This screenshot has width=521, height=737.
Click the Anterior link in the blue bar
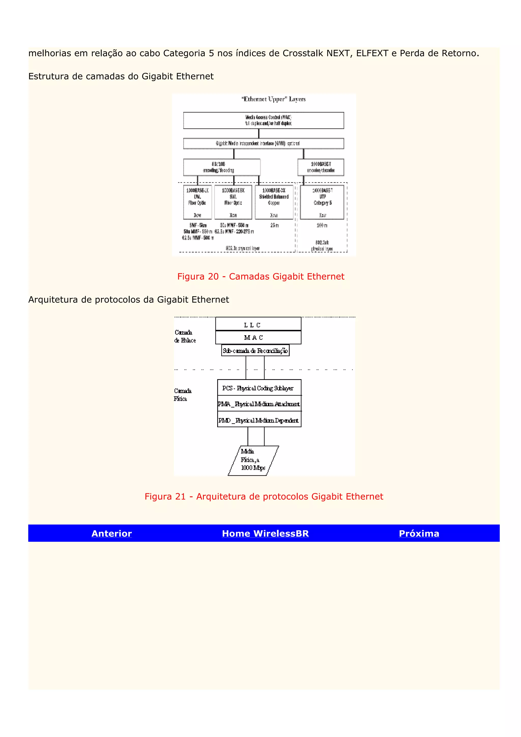coord(111,533)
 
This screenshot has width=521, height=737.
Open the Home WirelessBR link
coord(265,533)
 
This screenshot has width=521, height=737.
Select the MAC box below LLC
coord(258,337)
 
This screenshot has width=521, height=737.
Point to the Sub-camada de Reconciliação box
coord(255,350)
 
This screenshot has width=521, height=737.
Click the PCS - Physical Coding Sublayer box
coord(259,388)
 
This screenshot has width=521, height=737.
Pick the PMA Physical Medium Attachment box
coord(259,404)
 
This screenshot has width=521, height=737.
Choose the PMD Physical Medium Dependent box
coord(259,420)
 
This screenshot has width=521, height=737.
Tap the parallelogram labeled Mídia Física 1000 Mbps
coord(253,460)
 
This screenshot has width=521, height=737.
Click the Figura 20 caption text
coord(261,276)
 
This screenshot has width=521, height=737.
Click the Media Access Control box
coord(264,120)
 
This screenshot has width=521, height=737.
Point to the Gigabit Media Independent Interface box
coord(264,143)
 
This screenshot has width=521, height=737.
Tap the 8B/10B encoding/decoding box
coord(222,167)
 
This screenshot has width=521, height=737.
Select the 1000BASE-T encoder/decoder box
coord(321,167)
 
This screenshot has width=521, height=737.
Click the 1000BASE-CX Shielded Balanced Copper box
coord(274,202)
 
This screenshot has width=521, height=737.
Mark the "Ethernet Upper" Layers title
coord(273,99)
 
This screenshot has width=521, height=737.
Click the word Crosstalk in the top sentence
coord(302,53)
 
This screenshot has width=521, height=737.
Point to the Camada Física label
coord(182,394)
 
